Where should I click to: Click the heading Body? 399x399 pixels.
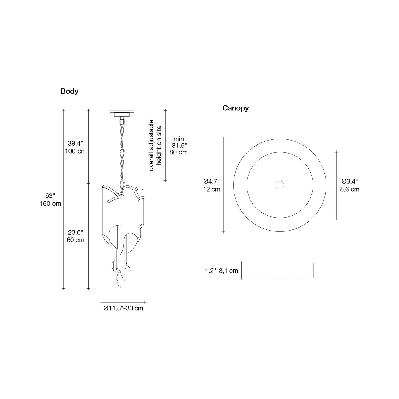coord(69,91)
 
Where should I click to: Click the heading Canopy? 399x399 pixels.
coord(236,108)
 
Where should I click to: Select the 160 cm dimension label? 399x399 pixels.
coord(50,204)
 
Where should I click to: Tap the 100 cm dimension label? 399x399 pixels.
coord(76,151)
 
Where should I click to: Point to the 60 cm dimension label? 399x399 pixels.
coord(76,240)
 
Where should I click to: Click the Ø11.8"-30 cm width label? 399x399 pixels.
coord(123,308)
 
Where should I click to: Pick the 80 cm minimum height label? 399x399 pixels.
coord(178,152)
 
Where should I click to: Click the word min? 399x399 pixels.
coord(178,139)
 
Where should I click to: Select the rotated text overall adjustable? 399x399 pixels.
coord(151,145)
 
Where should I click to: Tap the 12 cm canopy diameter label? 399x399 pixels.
coord(212,189)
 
